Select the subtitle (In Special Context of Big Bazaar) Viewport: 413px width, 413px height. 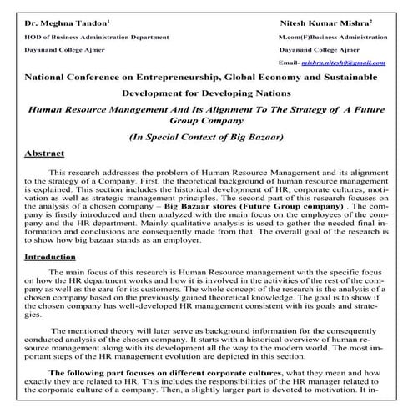[207, 136]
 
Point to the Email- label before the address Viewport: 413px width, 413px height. [290, 63]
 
